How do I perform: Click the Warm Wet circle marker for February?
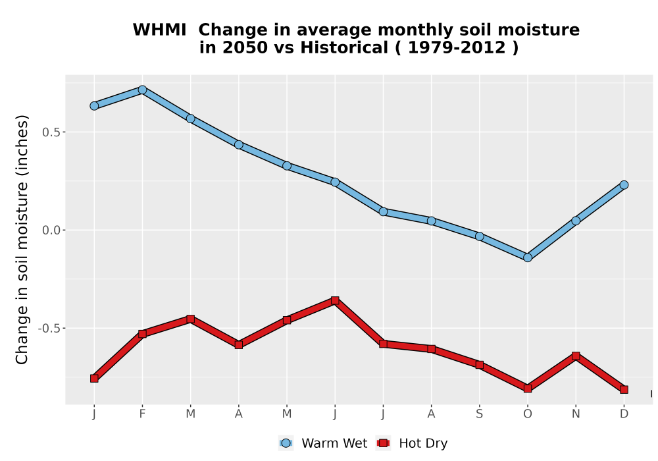(142, 90)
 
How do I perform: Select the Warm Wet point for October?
(528, 258)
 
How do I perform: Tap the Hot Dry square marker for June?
(335, 300)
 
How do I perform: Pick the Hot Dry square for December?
(624, 390)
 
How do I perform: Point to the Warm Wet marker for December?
(624, 185)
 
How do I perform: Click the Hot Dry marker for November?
(576, 356)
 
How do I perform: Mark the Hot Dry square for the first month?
(94, 378)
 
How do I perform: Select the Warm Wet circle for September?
(479, 236)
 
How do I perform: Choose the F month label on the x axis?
(142, 414)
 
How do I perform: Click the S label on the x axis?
(479, 414)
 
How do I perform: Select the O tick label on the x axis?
(528, 414)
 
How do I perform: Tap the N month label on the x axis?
(576, 414)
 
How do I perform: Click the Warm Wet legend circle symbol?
(286, 443)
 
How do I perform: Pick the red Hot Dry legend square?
(383, 443)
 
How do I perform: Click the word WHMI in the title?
(159, 30)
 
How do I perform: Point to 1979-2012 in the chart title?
(457, 48)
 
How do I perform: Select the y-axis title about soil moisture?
(22, 239)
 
